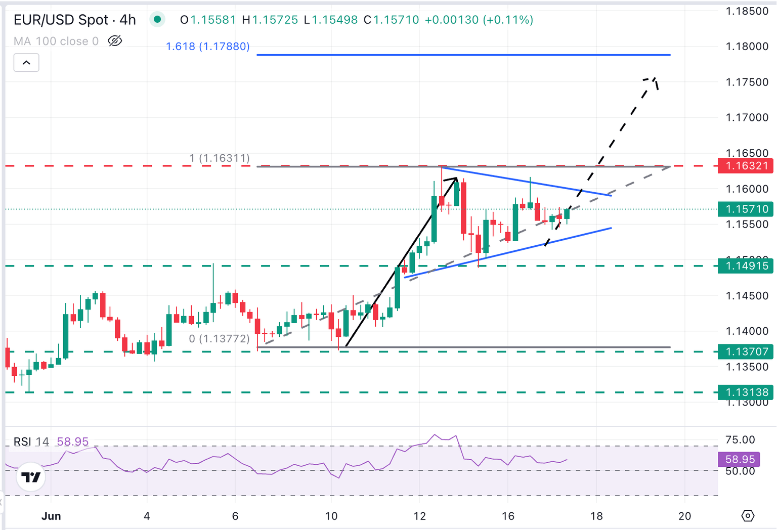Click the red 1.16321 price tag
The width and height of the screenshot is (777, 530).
coord(745,166)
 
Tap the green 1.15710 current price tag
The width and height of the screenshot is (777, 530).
coord(745,209)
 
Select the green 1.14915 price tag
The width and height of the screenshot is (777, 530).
coord(745,266)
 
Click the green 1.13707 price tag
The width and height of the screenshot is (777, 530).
coord(745,351)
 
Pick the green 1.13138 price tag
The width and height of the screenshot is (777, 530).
coord(745,392)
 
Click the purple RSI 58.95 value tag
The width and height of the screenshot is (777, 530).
coord(740,459)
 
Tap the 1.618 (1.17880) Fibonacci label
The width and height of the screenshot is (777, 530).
coord(208,47)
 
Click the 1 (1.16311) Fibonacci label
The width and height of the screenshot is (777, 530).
coord(220,158)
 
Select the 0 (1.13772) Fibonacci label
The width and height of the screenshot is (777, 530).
coord(219,339)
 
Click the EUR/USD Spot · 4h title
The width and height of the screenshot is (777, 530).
coord(75,20)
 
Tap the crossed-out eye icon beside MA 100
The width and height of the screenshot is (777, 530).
coord(115,41)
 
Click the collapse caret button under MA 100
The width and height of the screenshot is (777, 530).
coord(26,63)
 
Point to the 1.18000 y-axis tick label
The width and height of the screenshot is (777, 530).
coord(747,47)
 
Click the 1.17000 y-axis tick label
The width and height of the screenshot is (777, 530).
coord(747,117)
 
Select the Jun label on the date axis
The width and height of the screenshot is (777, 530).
coord(51,516)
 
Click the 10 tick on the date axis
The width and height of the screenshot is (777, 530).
coord(331,516)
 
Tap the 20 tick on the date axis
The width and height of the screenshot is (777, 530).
coord(684,516)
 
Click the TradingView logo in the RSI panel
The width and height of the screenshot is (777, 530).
coord(31,477)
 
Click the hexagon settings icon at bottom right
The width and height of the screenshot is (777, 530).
coord(748,516)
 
